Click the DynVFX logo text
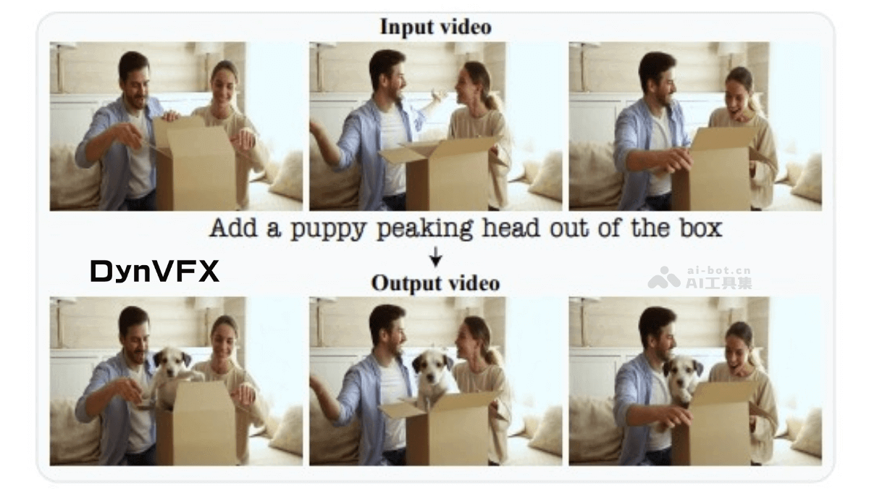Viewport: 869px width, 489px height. [x=154, y=271]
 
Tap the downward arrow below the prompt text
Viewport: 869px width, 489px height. [x=436, y=256]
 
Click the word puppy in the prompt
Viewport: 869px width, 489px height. [x=328, y=229]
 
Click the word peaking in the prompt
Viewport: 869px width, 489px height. [x=424, y=229]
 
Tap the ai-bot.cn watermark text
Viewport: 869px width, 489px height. [x=719, y=270]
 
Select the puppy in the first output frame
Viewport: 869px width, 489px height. [x=171, y=375]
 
